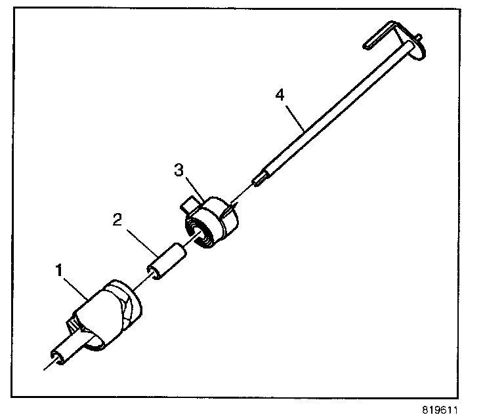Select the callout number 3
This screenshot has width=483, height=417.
click(178, 171)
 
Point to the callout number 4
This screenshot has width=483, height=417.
click(280, 95)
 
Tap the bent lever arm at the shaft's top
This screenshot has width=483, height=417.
click(384, 36)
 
